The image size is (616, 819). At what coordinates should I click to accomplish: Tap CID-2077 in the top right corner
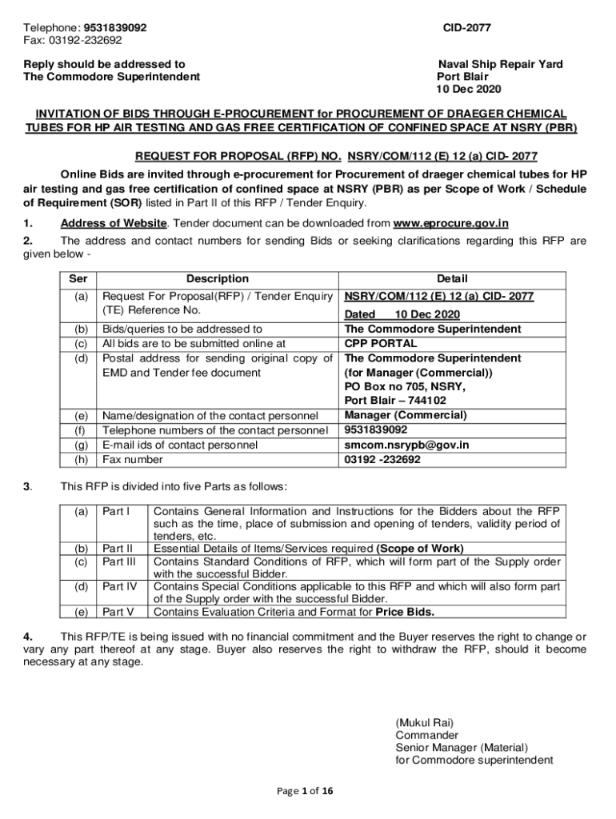(467, 28)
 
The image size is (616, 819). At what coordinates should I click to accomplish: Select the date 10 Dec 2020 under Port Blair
(470, 90)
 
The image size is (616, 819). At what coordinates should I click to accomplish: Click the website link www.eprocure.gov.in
(452, 223)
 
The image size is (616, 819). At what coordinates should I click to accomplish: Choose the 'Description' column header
(217, 279)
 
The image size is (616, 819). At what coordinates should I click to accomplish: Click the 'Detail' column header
(452, 279)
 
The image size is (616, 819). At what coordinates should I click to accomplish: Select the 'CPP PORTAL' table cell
(380, 344)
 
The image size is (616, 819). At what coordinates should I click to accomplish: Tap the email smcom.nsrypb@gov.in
(406, 445)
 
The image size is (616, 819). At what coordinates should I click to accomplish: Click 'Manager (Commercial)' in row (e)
(406, 415)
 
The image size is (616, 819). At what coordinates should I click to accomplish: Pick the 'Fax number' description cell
(133, 460)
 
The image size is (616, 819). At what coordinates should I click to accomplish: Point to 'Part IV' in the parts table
(121, 586)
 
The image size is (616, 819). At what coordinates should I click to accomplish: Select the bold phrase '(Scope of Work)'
(420, 549)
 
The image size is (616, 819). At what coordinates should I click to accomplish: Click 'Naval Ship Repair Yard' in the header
(500, 64)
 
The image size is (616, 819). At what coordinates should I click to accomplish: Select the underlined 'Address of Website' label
(108, 223)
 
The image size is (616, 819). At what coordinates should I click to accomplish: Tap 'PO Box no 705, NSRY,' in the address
(404, 386)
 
